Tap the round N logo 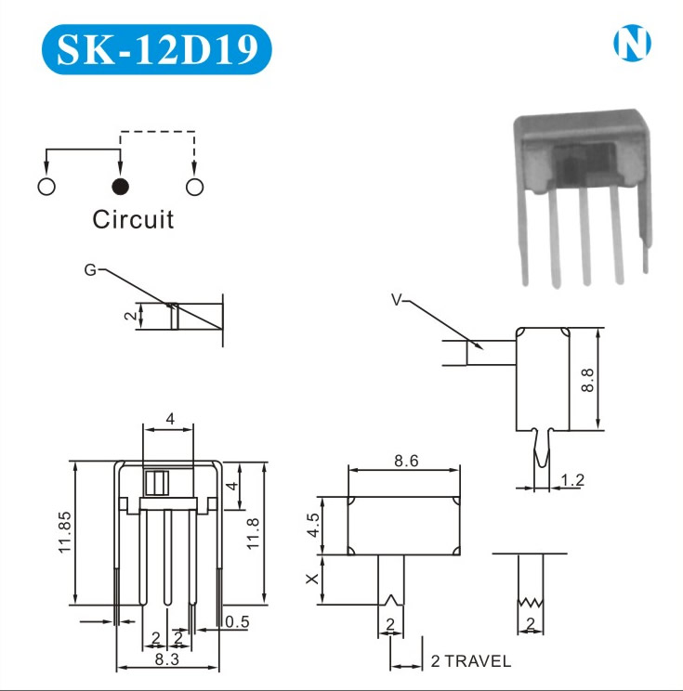click(x=632, y=43)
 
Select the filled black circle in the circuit click(x=120, y=187)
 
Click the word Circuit click(x=133, y=219)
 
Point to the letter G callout click(x=89, y=270)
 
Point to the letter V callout click(x=397, y=299)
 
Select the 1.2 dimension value click(x=573, y=480)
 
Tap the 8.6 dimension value click(x=405, y=459)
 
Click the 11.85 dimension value click(x=64, y=532)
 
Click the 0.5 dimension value click(x=237, y=622)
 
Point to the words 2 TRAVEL click(x=470, y=662)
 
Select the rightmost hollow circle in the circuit click(x=194, y=187)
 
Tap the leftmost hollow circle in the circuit click(x=46, y=187)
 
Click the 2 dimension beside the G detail click(x=132, y=317)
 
